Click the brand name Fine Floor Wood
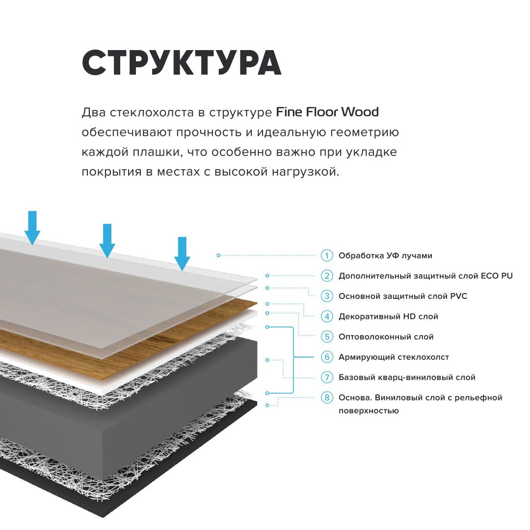tap(327, 112)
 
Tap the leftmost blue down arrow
tap(32, 227)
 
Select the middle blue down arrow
tap(107, 240)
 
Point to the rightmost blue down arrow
tap(182, 253)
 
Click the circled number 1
tap(327, 256)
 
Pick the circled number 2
tap(327, 276)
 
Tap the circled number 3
tap(327, 296)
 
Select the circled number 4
tap(327, 317)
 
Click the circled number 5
tap(327, 337)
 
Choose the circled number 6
tap(327, 357)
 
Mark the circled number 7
tap(327, 377)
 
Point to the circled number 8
tap(327, 397)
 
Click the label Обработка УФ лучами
tap(385, 256)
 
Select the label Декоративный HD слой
tap(388, 317)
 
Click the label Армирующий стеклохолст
tap(394, 357)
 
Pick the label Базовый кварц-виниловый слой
tap(407, 377)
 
